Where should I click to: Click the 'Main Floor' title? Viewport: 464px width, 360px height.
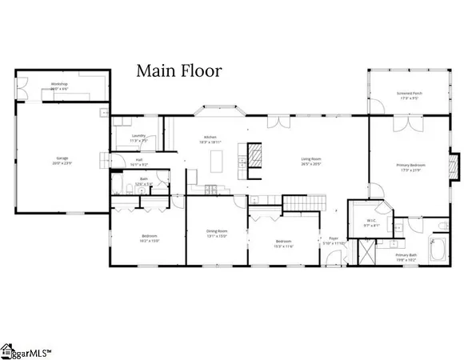click(x=178, y=70)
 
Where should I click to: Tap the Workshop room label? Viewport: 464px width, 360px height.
click(x=58, y=85)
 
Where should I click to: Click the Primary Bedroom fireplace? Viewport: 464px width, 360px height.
click(x=454, y=166)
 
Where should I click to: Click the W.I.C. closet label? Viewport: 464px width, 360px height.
click(x=371, y=221)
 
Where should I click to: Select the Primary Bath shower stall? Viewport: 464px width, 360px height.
click(x=366, y=254)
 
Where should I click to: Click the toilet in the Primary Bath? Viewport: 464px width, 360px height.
click(x=441, y=228)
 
